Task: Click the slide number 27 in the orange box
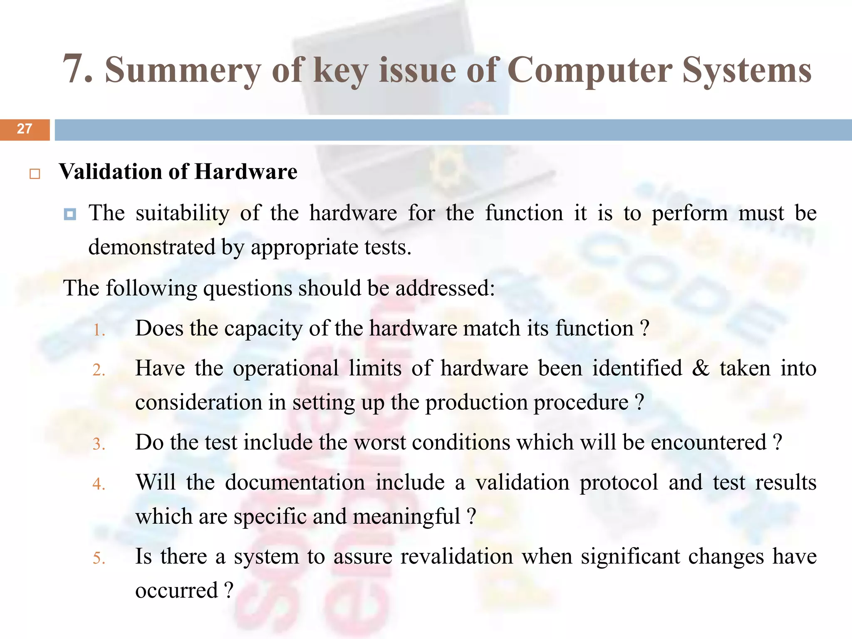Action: (x=25, y=129)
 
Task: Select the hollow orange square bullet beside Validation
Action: (x=35, y=174)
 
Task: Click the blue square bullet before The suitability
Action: (x=70, y=215)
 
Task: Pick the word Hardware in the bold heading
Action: (x=246, y=172)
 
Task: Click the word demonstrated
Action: (x=152, y=247)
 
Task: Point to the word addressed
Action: (x=445, y=288)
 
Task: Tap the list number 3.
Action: (x=99, y=444)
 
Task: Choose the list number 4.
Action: (x=99, y=484)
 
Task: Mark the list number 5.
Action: (x=99, y=558)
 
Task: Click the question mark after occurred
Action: (x=228, y=591)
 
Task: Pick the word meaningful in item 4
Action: (x=406, y=517)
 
